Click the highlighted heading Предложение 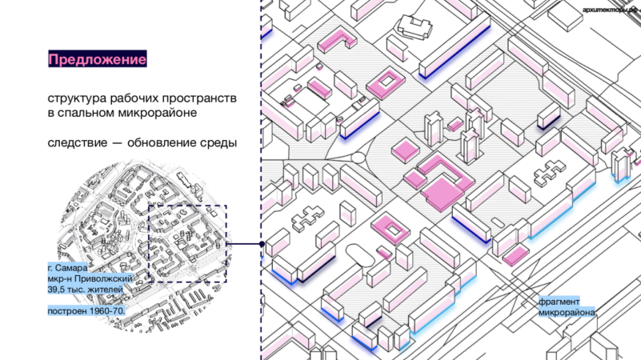97,60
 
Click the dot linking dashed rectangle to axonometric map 262,243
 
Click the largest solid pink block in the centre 442,193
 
